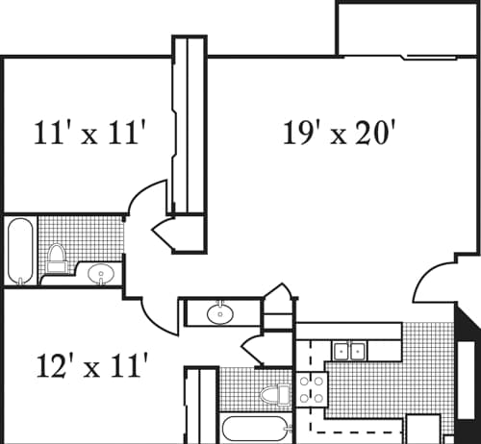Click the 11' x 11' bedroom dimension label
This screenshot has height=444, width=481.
click(x=89, y=133)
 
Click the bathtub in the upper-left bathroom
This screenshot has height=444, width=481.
click(x=19, y=252)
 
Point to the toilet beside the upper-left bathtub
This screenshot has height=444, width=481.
click(x=57, y=257)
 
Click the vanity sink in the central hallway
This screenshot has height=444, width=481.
click(x=220, y=312)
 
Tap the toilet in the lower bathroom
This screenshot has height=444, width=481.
click(x=274, y=394)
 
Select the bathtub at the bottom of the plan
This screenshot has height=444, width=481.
click(x=254, y=429)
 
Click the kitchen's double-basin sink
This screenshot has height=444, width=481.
click(x=347, y=351)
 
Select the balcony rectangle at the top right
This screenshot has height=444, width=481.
click(x=406, y=29)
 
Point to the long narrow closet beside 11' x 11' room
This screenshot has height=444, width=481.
click(x=189, y=125)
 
